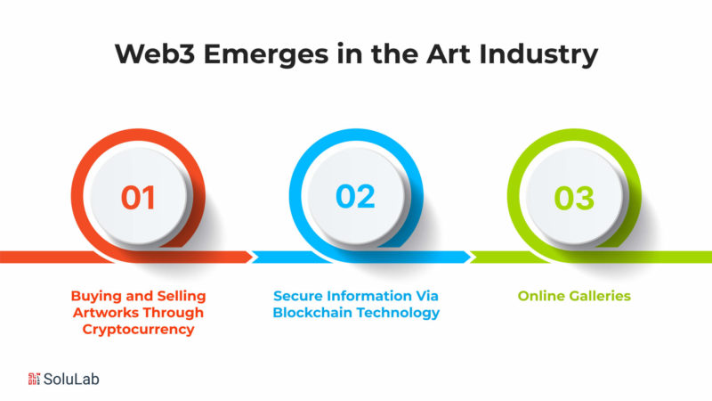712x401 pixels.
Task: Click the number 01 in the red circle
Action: coord(138,198)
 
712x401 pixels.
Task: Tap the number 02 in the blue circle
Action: coord(355,196)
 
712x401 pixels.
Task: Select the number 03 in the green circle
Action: coord(574,198)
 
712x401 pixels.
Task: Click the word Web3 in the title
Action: coord(155,53)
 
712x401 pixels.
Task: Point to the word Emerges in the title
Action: coord(266,55)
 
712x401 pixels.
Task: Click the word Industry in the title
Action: coord(538,54)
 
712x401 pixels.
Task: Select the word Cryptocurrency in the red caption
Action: coord(139,329)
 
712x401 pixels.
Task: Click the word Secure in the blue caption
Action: coord(298,296)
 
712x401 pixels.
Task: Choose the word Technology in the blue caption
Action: coord(398,313)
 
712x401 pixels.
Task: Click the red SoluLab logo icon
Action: coord(34,379)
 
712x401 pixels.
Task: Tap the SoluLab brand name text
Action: coord(71,379)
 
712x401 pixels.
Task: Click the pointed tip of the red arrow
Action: coord(253,257)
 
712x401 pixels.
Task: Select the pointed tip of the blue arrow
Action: coord(471,257)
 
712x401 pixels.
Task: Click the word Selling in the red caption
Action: coord(182,296)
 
